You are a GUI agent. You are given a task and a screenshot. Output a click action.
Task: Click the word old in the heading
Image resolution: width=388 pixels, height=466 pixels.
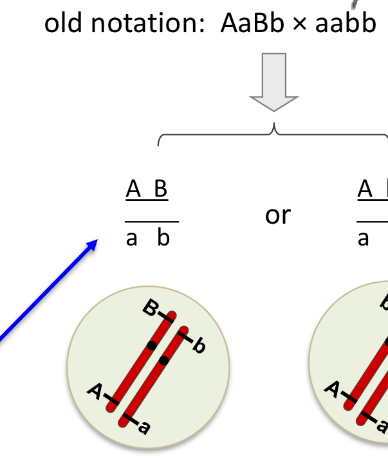pyautogui.click(x=65, y=24)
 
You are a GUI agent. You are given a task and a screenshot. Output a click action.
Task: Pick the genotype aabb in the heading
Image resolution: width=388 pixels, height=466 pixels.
pyautogui.click(x=344, y=24)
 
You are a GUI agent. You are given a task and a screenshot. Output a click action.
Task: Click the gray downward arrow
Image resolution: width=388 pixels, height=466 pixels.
pyautogui.click(x=274, y=84)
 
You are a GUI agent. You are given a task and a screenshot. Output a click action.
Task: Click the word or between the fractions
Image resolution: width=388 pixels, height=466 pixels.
pyautogui.click(x=277, y=215)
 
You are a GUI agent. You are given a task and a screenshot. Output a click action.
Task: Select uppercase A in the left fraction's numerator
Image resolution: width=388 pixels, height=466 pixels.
pyautogui.click(x=133, y=190)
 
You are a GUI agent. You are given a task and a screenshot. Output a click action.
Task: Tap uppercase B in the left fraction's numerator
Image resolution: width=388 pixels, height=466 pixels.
pyautogui.click(x=161, y=190)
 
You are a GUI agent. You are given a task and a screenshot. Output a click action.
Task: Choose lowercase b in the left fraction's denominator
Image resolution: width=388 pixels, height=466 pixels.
pyautogui.click(x=163, y=238)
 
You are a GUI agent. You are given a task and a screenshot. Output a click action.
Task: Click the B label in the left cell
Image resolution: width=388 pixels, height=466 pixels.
pyautogui.click(x=149, y=309)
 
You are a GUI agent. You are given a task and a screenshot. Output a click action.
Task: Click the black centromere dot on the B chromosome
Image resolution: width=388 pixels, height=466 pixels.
pyautogui.click(x=151, y=345)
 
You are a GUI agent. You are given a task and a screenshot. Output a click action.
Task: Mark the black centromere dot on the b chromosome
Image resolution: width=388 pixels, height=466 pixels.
pyautogui.click(x=164, y=360)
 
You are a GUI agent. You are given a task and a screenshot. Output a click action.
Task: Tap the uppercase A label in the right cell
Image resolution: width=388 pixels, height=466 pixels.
pyautogui.click(x=333, y=388)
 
